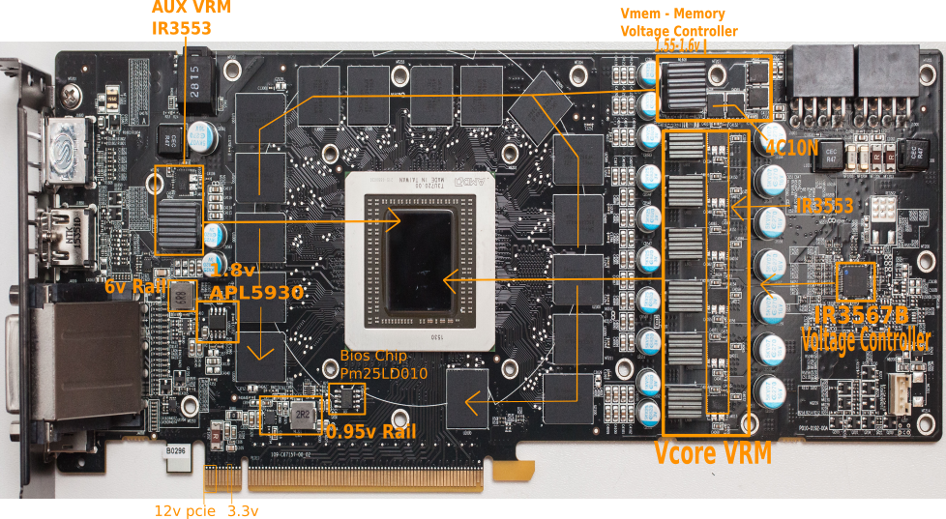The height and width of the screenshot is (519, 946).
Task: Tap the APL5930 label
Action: click(257, 292)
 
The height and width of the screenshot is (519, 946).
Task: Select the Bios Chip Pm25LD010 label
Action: click(383, 363)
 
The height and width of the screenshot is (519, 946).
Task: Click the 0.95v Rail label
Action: click(371, 431)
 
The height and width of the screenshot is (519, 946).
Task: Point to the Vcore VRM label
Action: click(713, 452)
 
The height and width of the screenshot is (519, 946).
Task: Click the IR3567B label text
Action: click(861, 316)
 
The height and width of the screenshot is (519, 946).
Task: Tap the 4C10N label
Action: click(792, 147)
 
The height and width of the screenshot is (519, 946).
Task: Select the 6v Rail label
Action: click(133, 286)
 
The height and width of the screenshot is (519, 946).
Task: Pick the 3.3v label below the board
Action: click(243, 508)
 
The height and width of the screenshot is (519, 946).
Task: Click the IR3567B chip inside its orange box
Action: click(855, 281)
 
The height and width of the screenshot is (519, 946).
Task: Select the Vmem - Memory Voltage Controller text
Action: click(678, 22)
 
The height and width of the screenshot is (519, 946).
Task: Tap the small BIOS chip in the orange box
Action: click(347, 397)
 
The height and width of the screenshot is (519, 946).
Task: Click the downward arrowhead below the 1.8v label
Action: click(258, 354)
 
